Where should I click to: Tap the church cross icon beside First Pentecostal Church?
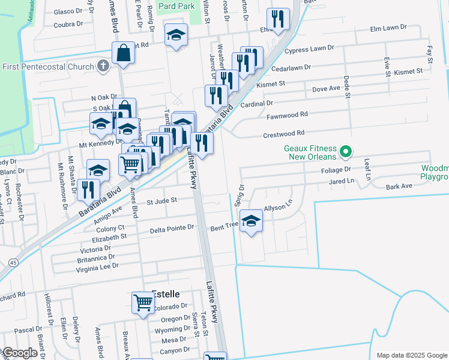coord(103,65)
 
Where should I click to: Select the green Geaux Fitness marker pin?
coord(345,152)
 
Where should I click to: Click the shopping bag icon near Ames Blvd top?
coord(123,53)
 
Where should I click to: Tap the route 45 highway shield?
coord(12,262)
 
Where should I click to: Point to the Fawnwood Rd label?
coord(287,113)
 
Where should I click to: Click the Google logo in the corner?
coord(19,353)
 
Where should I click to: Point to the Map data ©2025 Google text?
coord(411,355)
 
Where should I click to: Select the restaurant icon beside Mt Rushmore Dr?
coord(89,189)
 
